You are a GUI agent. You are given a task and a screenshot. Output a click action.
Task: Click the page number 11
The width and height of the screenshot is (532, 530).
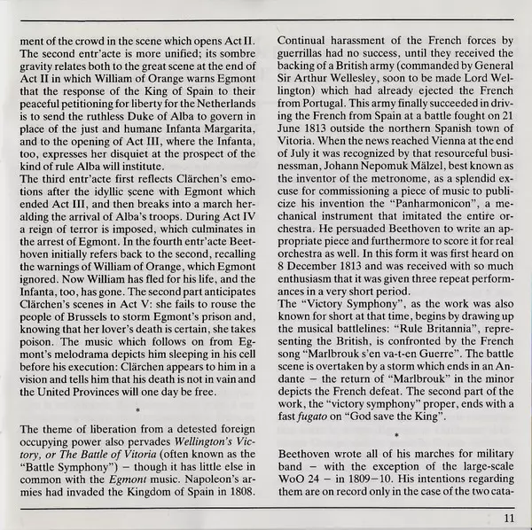pyautogui.click(x=506, y=518)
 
